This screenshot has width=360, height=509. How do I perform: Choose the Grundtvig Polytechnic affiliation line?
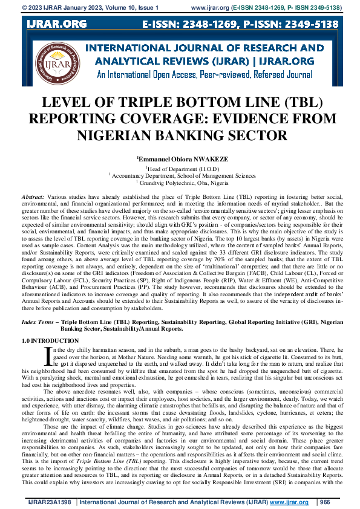(180, 181)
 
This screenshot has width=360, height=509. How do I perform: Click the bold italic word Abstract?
(32, 198)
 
